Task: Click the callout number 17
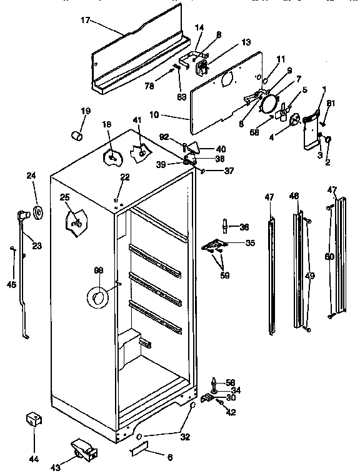86,20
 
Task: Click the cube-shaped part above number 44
32,419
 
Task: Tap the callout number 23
36,245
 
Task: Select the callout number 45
12,284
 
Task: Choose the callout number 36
244,227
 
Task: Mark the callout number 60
329,256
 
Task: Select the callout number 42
232,412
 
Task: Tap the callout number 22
125,177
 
